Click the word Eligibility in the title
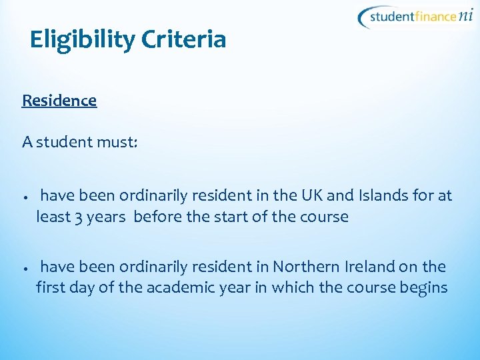pos(82,41)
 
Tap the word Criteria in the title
pos(184,39)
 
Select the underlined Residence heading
pos(59,101)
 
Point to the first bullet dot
pos(23,198)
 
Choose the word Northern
pos(306,267)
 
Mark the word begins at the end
pos(423,289)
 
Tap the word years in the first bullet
pos(107,217)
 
